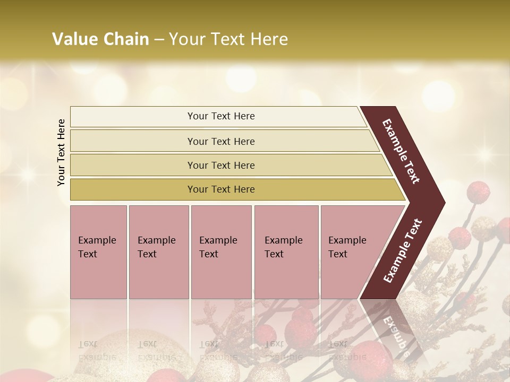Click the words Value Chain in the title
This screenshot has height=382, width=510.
tap(100, 39)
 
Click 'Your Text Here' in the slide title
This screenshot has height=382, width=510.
tap(228, 39)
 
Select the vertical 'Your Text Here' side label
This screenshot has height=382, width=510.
tap(61, 153)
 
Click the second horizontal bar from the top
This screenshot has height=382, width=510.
tap(221, 141)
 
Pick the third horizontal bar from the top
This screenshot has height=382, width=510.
tap(221, 165)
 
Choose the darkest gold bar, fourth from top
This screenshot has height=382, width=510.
tap(221, 189)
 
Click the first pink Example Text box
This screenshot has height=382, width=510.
tap(98, 252)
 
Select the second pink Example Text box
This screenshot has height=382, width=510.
tap(158, 252)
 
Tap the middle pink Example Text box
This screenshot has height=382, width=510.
tap(221, 252)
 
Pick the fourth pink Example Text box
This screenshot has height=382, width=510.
tap(286, 252)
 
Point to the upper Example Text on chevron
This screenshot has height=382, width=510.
tap(402, 151)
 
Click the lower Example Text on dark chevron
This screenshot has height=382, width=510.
tap(403, 251)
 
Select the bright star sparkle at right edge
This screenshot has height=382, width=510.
tap(484, 154)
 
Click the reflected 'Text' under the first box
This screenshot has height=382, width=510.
tap(88, 343)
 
